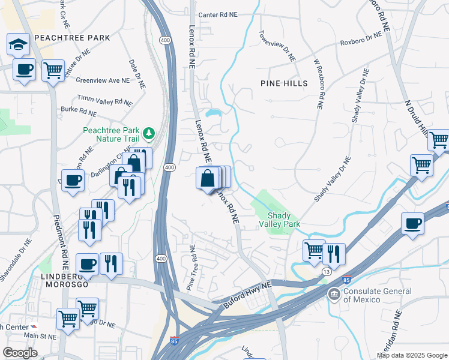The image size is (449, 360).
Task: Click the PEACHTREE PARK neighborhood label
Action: coord(72,38)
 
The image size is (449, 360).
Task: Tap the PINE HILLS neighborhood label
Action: coord(284,83)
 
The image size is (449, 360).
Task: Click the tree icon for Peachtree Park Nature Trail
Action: coord(148,132)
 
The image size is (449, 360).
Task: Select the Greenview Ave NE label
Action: coord(103,80)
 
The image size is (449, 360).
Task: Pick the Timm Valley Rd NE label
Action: coord(104,100)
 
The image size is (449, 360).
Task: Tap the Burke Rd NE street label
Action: coord(79,112)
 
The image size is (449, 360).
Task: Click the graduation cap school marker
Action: coord(19,45)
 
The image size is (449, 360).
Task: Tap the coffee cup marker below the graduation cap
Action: coord(25,70)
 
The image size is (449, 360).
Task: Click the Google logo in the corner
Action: coord(20,352)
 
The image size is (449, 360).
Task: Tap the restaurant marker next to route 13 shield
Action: coord(334,254)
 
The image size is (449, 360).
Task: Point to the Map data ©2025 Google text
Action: coord(412,355)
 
